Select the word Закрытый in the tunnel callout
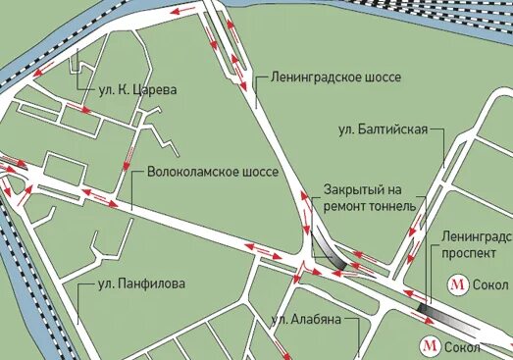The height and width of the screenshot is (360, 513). [x=352, y=190]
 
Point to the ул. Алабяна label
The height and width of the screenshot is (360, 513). [x=309, y=320]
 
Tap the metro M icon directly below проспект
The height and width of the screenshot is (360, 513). [x=457, y=284]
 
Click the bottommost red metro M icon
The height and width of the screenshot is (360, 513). [x=429, y=343]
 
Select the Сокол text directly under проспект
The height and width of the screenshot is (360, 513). [x=489, y=284]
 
